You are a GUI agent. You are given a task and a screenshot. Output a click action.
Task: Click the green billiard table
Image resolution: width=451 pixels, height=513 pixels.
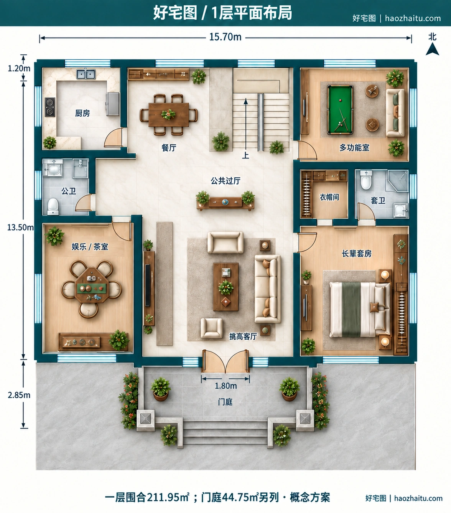(x=340, y=110)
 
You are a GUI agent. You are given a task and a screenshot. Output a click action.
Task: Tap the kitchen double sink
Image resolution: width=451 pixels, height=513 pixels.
(x=86, y=74)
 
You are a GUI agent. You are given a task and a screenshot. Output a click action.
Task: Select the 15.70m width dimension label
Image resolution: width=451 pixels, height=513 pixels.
(x=225, y=37)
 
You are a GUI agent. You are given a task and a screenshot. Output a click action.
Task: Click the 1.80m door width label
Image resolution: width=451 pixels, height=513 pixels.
(x=226, y=386)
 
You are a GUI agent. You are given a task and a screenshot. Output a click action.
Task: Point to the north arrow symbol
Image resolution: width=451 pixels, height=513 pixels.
(x=432, y=49)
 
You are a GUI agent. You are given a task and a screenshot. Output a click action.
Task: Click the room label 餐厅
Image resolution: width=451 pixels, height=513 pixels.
(x=169, y=148)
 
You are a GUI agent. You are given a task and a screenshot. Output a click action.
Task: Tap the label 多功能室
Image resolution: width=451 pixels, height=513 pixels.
(x=354, y=147)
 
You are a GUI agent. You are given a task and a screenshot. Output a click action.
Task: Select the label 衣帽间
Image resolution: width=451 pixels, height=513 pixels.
(x=329, y=197)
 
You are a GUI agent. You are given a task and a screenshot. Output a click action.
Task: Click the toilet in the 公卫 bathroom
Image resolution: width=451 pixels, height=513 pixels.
(x=53, y=206)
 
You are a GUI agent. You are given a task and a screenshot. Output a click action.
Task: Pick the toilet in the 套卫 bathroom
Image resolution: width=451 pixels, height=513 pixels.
(x=366, y=180)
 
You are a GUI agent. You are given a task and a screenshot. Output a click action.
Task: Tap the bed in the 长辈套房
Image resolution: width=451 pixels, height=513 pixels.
(x=360, y=309)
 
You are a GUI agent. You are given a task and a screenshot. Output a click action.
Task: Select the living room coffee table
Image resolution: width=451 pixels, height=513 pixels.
(x=226, y=287)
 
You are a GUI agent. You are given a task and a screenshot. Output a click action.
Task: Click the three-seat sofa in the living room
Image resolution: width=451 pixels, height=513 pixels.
(x=268, y=289)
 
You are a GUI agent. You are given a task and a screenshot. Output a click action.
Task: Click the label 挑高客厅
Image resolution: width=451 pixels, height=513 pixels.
(x=243, y=336)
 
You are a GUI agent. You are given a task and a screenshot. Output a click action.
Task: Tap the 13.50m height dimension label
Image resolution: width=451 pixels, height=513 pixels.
(x=20, y=227)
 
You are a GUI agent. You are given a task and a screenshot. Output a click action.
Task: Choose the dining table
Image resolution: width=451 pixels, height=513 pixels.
(x=169, y=114)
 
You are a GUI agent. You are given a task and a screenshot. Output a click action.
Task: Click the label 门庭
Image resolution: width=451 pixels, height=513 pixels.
(x=225, y=402)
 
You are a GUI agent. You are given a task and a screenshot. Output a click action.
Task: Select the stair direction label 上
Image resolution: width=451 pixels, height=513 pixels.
(x=245, y=155)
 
